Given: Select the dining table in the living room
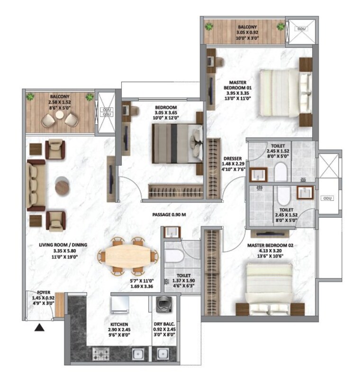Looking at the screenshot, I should [126, 257].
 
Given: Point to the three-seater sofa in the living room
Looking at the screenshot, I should [36, 185].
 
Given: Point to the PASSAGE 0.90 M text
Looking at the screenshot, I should [169, 214].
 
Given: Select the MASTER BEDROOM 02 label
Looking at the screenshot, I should [271, 245].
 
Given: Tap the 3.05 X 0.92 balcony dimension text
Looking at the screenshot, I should [247, 33].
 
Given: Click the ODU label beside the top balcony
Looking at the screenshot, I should [301, 29].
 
